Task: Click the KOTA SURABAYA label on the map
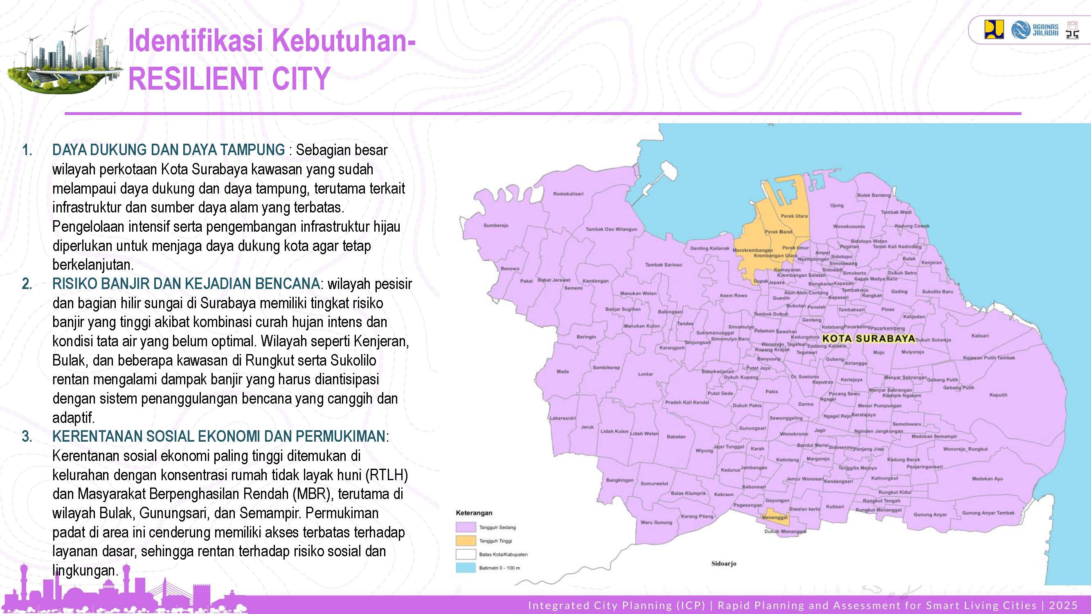pyautogui.click(x=868, y=339)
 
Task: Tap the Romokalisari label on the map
pyautogui.click(x=568, y=194)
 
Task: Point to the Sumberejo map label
pyautogui.click(x=495, y=226)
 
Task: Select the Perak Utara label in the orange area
pyautogui.click(x=794, y=216)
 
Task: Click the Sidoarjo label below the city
pyautogui.click(x=723, y=564)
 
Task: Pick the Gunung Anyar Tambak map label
pyautogui.click(x=988, y=513)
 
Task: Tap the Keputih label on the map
pyautogui.click(x=998, y=395)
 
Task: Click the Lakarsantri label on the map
pyautogui.click(x=562, y=418)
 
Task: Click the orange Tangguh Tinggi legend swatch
pyautogui.click(x=466, y=541)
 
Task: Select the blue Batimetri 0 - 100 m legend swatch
pyautogui.click(x=466, y=568)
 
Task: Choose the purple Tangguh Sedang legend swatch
pyautogui.click(x=466, y=527)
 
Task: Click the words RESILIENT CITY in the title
pyautogui.click(x=229, y=79)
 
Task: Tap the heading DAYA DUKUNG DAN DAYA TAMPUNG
pyautogui.click(x=168, y=150)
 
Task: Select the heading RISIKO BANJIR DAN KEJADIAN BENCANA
pyautogui.click(x=185, y=284)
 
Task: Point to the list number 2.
pyautogui.click(x=27, y=284)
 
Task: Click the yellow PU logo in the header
pyautogui.click(x=994, y=29)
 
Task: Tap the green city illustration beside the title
pyautogui.click(x=63, y=59)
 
